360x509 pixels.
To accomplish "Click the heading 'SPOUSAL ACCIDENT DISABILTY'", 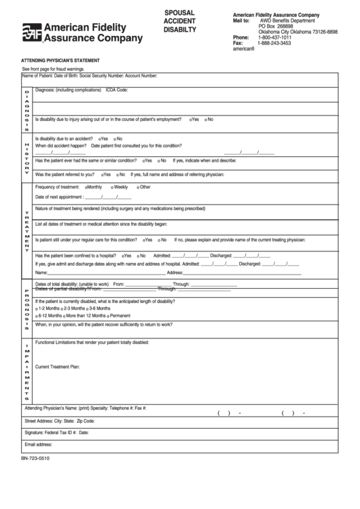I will (179, 21).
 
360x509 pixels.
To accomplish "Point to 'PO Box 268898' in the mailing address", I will (276, 26).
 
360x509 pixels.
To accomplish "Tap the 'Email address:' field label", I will (39, 444).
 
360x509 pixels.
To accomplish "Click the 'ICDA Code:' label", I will (117, 90).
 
